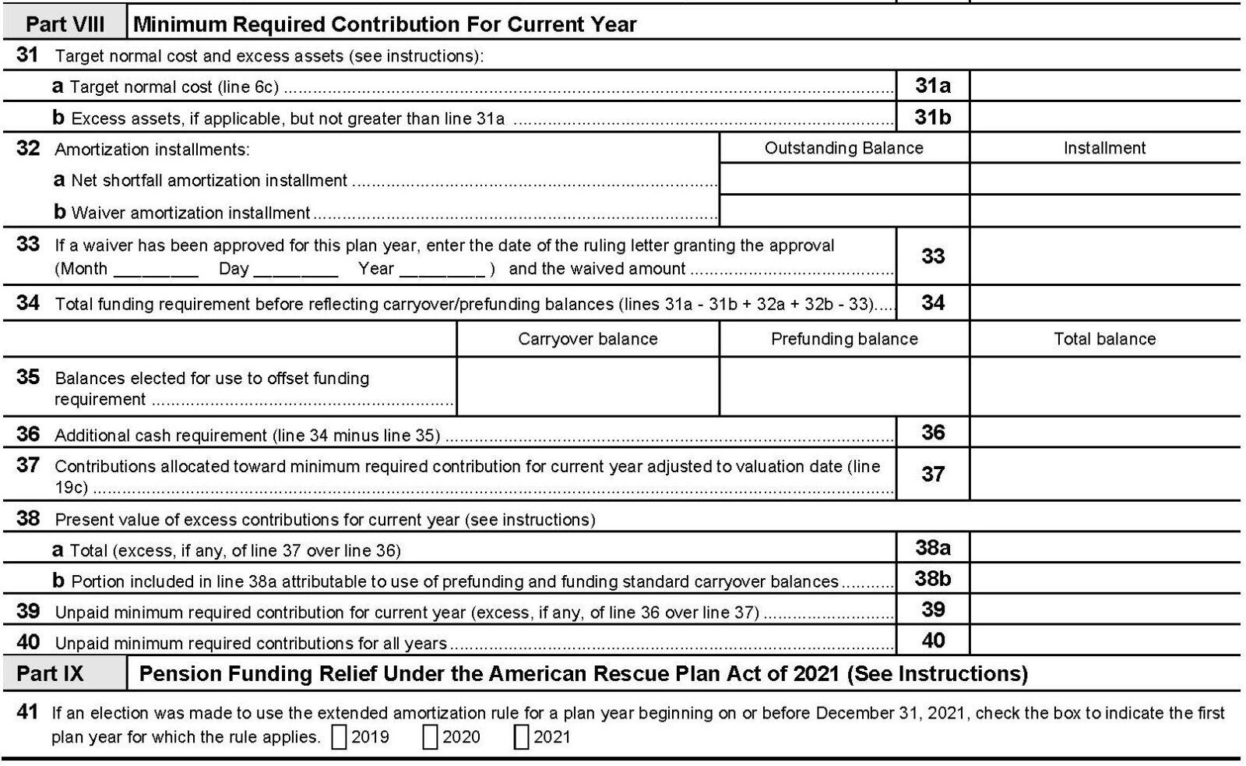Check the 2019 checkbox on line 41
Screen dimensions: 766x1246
click(x=340, y=737)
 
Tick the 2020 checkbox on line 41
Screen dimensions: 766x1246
click(x=430, y=737)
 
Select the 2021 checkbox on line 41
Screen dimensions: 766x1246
click(x=521, y=737)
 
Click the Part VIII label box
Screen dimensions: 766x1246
click(x=65, y=24)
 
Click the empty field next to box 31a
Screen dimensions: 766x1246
click(x=1104, y=86)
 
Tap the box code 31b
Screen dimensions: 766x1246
click(x=932, y=117)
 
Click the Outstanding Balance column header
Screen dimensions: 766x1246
click(x=843, y=148)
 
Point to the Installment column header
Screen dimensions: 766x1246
click(x=1104, y=148)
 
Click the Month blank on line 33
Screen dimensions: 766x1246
click(x=156, y=270)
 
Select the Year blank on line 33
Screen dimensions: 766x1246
click(x=442, y=270)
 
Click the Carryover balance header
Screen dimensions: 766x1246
click(x=587, y=339)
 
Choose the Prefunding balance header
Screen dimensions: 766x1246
click(x=843, y=339)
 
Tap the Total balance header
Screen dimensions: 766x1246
click(x=1104, y=339)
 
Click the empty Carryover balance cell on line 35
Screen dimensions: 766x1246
click(x=587, y=387)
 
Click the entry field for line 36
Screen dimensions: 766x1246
click(x=1104, y=432)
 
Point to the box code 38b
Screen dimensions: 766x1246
click(x=932, y=579)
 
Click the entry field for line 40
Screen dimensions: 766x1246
click(x=1104, y=641)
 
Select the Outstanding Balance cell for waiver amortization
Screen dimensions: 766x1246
click(x=843, y=211)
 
